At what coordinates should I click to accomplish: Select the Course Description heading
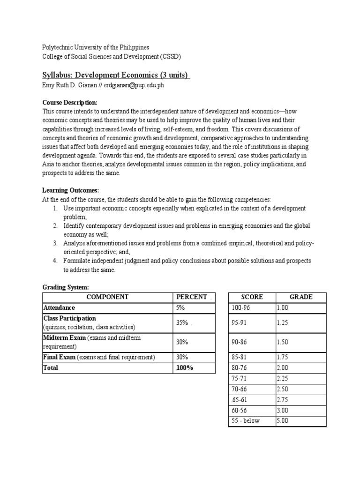tap(70, 102)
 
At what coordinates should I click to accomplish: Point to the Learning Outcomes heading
tap(71, 190)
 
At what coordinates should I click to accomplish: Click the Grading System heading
tap(65, 287)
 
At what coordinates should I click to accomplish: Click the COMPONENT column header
tap(107, 297)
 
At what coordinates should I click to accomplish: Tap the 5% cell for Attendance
tap(181, 308)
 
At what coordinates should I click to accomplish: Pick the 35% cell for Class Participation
tap(182, 322)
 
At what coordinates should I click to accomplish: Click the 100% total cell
tap(185, 368)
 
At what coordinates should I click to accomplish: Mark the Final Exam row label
tap(60, 357)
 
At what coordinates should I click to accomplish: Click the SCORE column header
tap(252, 297)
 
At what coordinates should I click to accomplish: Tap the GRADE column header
tap(300, 297)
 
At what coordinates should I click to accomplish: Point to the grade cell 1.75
tap(283, 357)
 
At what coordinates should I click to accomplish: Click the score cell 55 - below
tap(246, 420)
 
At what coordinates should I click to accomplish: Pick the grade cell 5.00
tap(283, 420)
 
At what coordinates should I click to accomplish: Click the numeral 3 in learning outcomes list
tap(55, 243)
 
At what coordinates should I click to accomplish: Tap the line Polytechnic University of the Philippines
tap(96, 48)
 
